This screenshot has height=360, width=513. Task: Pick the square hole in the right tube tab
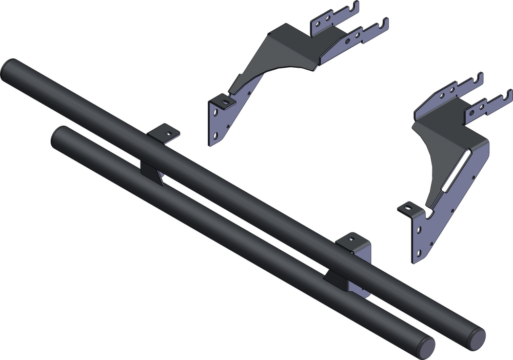[351, 239]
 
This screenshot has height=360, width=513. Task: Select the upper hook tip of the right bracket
[480, 76]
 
